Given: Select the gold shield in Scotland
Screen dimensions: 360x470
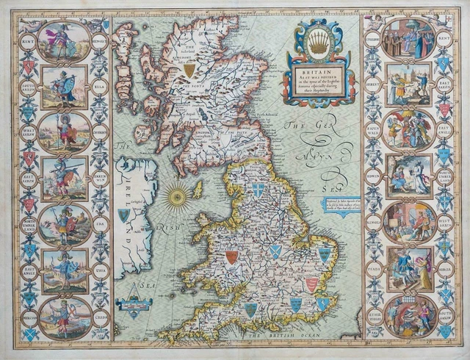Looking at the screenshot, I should pos(189,71).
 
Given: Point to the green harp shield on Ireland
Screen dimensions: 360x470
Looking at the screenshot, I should pos(124,215).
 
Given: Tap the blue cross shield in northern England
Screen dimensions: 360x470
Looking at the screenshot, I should pos(258,190).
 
